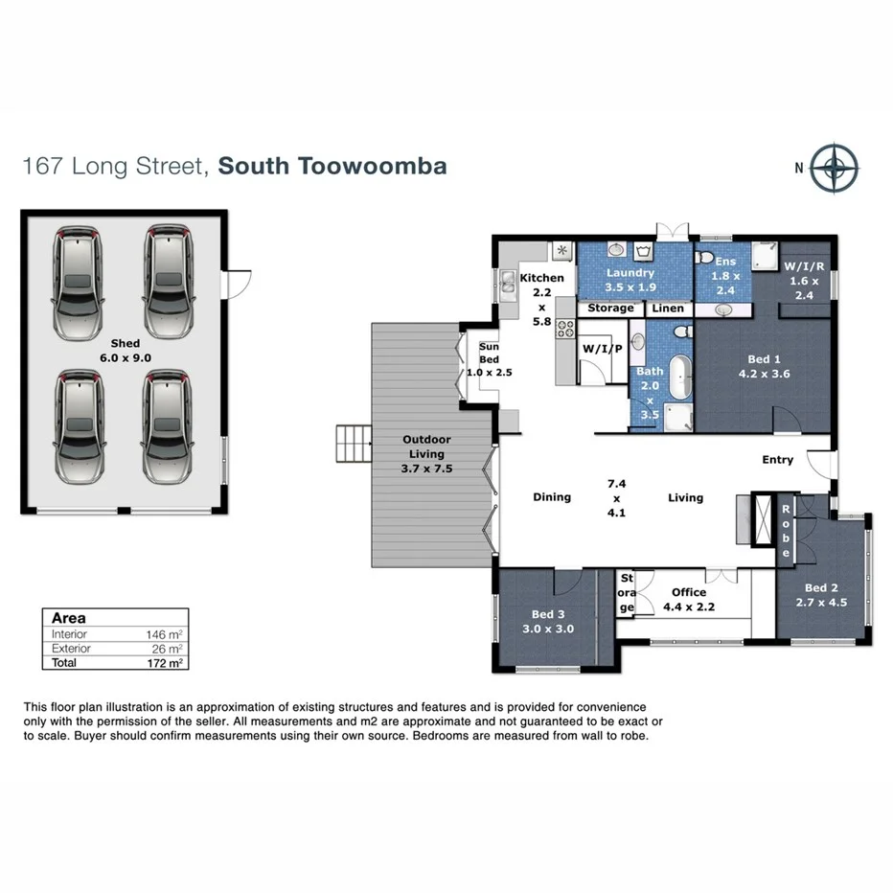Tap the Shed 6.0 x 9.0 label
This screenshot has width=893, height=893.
pos(125,350)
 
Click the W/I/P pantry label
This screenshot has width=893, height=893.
pos(602,349)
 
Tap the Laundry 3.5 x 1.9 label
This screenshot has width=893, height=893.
pos(630,279)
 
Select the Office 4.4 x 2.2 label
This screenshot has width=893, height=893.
pos(688,599)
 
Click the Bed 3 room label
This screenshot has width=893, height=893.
pos(549,622)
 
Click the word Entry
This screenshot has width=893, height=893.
pos(777,460)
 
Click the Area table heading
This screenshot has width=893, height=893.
pos(68,618)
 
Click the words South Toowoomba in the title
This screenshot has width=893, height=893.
pos(332,166)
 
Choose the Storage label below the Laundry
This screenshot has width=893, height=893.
pos(610,309)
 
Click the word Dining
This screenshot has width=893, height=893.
pos(552,497)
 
